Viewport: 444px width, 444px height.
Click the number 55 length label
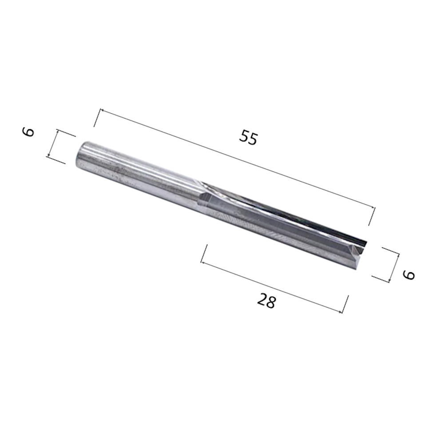pos(248,138)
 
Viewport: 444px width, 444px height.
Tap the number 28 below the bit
pos(266,302)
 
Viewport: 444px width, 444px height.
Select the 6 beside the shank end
pos(28,132)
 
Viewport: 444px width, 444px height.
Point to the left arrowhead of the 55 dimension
pos(101,110)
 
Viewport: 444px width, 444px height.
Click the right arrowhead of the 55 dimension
pos(373,207)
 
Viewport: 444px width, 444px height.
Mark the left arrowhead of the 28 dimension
pos(203,262)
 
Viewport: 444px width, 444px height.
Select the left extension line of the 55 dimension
pos(97,118)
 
